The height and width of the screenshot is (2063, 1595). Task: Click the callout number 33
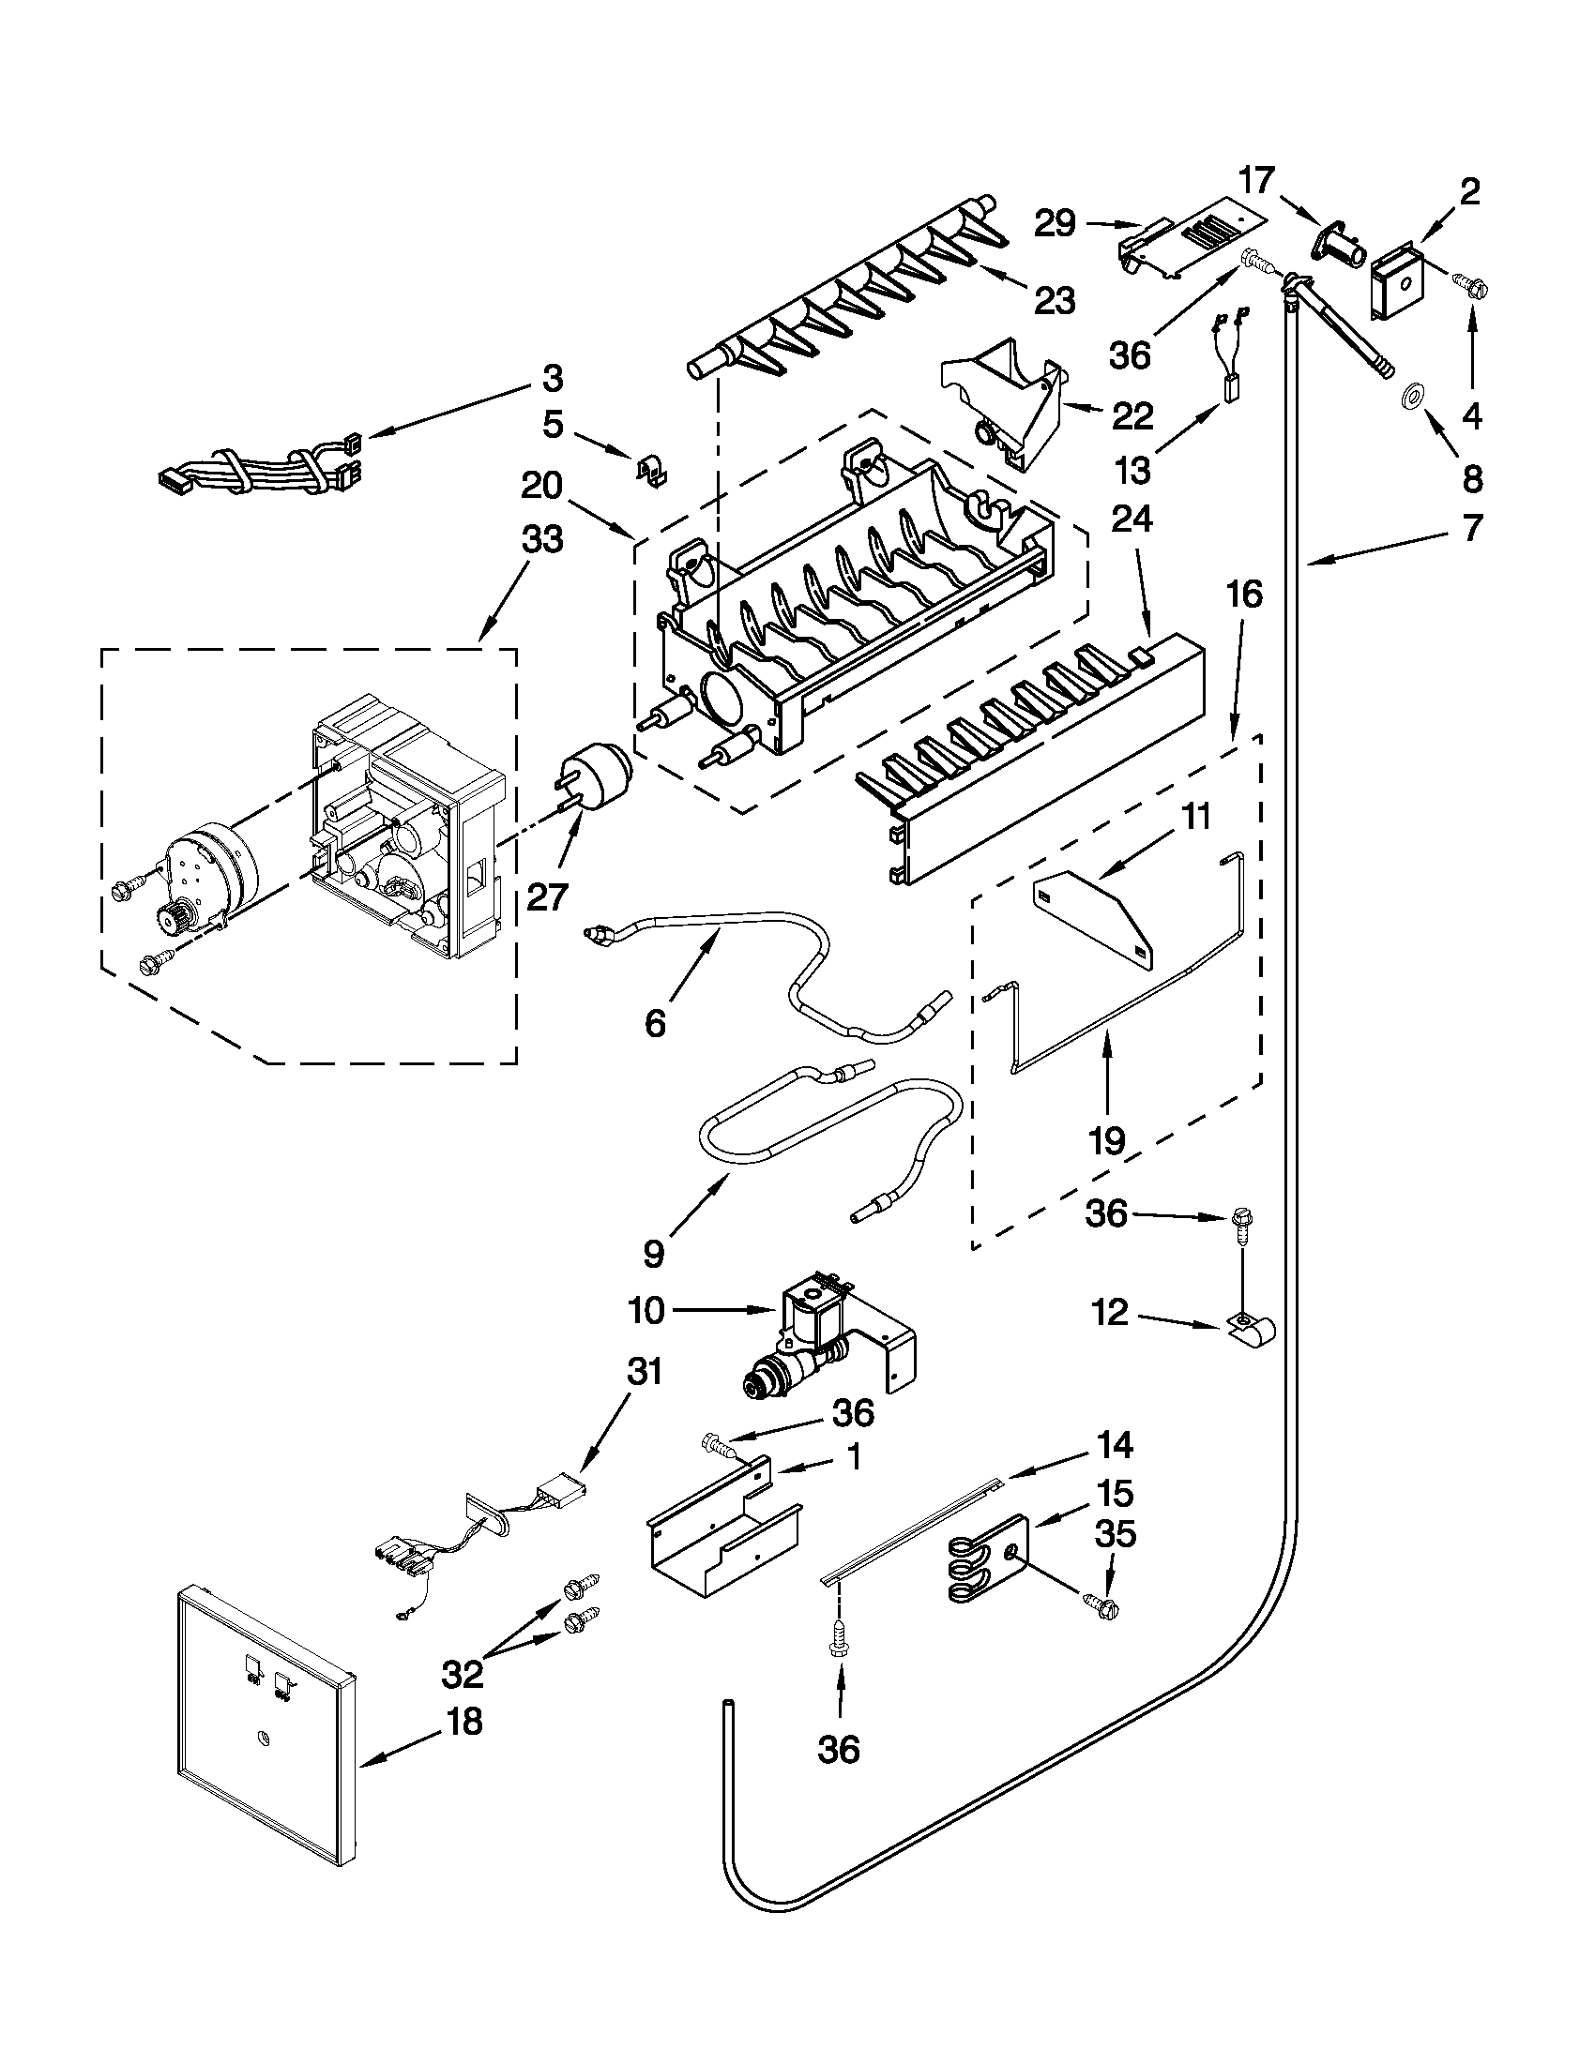coord(541,540)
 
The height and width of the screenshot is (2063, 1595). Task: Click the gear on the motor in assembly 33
coord(174,915)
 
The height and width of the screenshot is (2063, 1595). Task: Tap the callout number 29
coord(1055,224)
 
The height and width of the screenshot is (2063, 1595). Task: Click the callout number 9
coord(653,1254)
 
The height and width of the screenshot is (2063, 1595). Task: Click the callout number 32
coord(462,1673)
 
